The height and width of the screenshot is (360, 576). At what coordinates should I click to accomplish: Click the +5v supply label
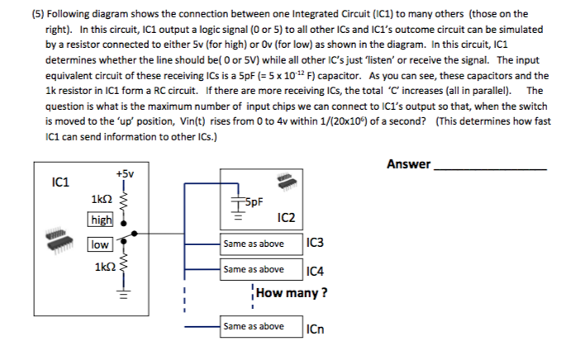[x=125, y=174]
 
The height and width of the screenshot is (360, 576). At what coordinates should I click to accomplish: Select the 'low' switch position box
[x=100, y=245]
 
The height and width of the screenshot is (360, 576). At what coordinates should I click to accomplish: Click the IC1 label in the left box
[x=59, y=181]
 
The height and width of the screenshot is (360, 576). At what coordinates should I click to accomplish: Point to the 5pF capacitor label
[x=251, y=201]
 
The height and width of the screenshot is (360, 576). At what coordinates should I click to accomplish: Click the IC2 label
[x=288, y=218]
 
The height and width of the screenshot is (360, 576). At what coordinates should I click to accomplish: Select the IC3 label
[x=314, y=244]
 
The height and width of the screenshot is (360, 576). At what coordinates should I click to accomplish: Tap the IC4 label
[x=314, y=270]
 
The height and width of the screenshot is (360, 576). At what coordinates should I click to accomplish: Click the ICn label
[x=315, y=328]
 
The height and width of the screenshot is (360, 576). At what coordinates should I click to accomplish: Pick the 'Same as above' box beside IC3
[x=254, y=244]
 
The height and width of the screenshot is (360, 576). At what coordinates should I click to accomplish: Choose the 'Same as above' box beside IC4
[x=254, y=269]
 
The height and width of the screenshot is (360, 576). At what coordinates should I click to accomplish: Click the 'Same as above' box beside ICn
[x=254, y=327]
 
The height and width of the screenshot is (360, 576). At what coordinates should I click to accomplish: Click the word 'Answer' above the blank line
[x=408, y=164]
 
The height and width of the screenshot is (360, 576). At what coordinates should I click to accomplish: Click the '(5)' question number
[x=39, y=14]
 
